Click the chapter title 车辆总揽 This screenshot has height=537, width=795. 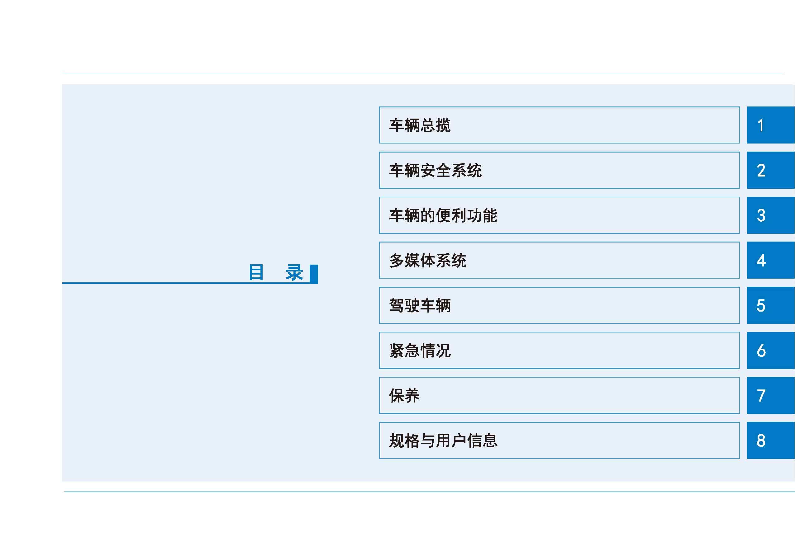[x=420, y=125]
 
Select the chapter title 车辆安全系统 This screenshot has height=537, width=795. [x=436, y=170]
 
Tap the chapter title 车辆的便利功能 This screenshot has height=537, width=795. [x=443, y=215]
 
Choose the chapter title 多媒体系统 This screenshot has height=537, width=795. [x=428, y=261]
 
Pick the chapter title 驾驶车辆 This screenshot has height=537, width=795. [x=420, y=305]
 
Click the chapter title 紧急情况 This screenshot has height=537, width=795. [x=420, y=350]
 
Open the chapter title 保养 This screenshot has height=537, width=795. [x=404, y=395]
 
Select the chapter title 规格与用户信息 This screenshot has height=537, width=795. [x=443, y=440]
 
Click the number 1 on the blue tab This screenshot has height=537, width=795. [x=760, y=125]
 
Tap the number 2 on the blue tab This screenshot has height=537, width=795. [x=761, y=170]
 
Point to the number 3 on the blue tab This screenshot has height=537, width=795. [x=761, y=215]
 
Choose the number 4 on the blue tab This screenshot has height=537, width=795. [x=761, y=261]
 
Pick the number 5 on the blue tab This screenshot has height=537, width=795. [x=761, y=306]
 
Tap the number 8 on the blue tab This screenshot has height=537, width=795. [x=761, y=440]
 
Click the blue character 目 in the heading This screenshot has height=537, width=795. [x=256, y=272]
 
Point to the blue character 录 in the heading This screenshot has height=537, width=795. [x=294, y=272]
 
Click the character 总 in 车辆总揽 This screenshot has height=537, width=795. [x=427, y=125]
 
